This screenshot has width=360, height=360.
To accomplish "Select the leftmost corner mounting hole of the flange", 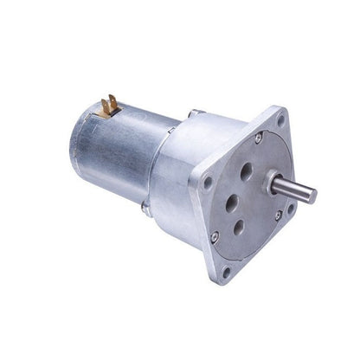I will (x=208, y=183).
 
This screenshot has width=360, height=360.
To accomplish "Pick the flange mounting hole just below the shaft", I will (x=291, y=208).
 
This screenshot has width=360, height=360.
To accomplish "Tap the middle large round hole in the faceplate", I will (x=230, y=204).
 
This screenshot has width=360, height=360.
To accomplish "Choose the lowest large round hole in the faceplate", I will (x=239, y=229).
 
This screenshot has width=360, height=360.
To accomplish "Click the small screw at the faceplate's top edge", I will (x=259, y=138).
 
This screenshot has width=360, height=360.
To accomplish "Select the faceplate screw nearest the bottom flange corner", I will (x=215, y=234).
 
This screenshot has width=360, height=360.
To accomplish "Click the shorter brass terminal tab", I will (x=115, y=111).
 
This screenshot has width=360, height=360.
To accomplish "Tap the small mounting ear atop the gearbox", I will (x=196, y=113).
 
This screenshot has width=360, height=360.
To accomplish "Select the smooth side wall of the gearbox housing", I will (x=177, y=173).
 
